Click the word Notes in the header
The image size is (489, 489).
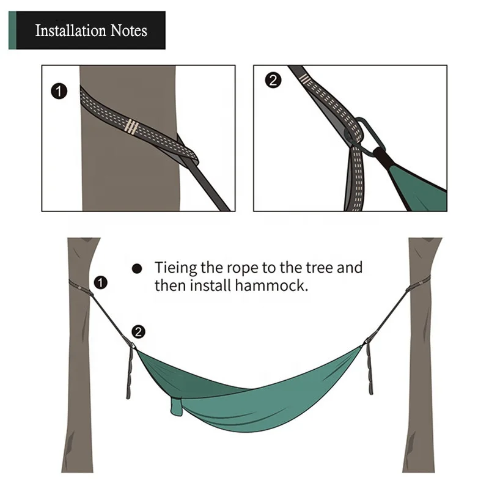128,31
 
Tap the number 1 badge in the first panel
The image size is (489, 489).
58,92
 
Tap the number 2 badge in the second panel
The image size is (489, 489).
273,80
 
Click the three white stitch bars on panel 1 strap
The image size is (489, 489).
131,127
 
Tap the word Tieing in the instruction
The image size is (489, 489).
174,268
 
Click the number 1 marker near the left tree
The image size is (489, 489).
101,282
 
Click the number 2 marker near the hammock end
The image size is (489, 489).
139,332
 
